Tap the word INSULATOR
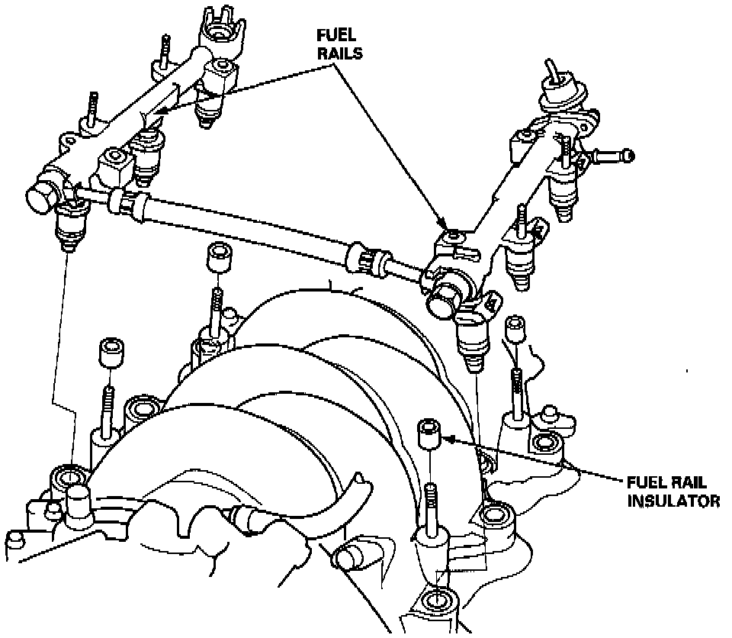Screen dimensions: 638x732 coord(673,501)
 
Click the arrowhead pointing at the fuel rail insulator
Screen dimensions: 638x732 coord(449,439)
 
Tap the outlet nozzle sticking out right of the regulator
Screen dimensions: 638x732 coord(614,158)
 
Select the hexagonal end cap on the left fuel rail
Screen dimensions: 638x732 coord(42,198)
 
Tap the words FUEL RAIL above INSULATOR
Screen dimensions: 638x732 coord(666,483)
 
